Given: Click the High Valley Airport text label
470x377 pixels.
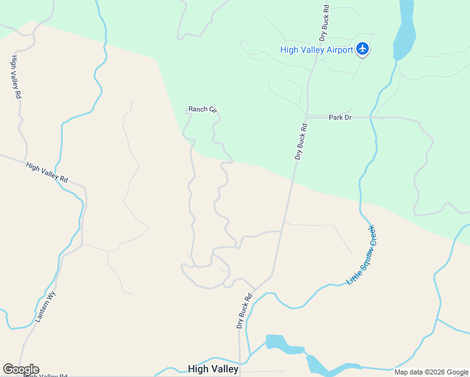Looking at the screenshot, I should click(316, 50).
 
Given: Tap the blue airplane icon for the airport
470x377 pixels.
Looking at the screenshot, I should click(363, 49).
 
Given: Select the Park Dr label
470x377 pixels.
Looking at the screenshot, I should click(340, 117).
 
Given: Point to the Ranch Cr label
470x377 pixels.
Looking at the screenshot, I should click(202, 109).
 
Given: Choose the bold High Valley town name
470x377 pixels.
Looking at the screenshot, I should click(213, 369).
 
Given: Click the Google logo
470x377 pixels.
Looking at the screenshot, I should click(21, 369).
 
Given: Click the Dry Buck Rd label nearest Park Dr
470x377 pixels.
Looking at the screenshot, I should click(301, 141).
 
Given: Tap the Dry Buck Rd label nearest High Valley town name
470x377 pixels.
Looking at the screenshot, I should click(244, 311).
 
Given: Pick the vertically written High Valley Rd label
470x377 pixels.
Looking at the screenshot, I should click(16, 77).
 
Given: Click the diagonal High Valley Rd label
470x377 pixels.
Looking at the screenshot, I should click(46, 173).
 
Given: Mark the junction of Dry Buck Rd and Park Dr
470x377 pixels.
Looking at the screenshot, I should click(306, 117).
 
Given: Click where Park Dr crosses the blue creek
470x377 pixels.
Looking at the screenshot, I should click(373, 117).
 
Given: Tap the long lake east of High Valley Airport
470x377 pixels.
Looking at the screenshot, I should click(405, 28).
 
